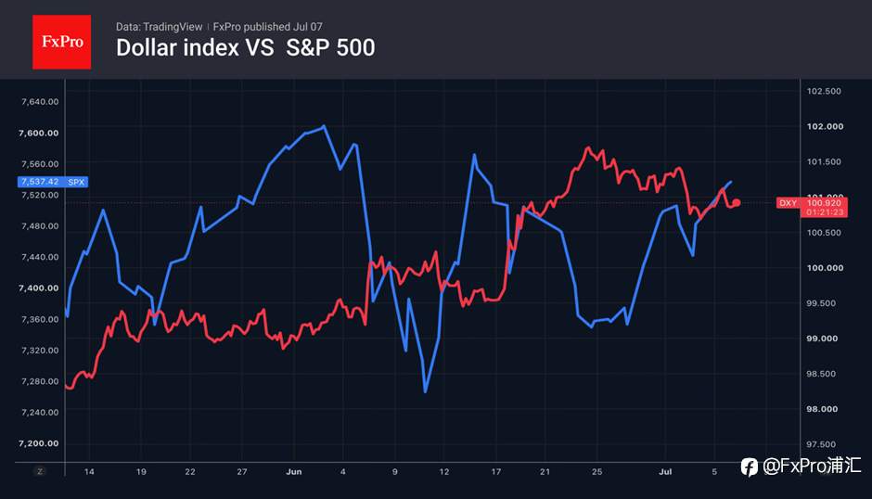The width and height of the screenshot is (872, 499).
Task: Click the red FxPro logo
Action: click(x=62, y=42)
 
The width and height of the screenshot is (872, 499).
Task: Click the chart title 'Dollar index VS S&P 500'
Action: click(x=245, y=48)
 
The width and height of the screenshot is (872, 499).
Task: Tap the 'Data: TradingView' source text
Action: click(x=159, y=27)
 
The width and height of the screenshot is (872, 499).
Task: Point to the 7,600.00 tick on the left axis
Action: click(x=38, y=133)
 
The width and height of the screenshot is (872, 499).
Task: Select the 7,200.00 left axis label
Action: click(x=38, y=443)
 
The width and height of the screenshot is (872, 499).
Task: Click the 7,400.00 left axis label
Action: click(x=38, y=288)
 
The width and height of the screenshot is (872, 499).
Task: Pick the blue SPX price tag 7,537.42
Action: click(x=53, y=182)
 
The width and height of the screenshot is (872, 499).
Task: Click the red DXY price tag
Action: click(x=812, y=207)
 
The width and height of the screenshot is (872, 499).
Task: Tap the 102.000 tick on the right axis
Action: click(x=825, y=126)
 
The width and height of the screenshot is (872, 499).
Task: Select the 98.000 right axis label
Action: click(x=821, y=409)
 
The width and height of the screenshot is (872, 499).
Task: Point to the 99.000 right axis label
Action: click(x=821, y=339)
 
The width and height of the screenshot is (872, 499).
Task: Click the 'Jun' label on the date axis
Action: click(x=294, y=472)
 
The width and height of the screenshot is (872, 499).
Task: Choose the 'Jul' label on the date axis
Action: click(x=665, y=472)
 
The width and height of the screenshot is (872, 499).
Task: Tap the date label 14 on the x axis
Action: click(x=89, y=472)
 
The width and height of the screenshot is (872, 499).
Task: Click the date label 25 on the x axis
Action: click(x=596, y=472)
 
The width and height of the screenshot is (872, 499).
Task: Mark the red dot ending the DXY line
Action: click(x=737, y=203)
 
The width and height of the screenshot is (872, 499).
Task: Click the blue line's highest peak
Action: click(x=325, y=126)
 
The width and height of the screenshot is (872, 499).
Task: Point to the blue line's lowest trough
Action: click(x=426, y=391)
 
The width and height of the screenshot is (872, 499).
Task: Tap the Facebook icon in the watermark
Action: click(x=750, y=467)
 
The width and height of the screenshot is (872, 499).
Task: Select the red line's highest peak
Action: click(x=588, y=148)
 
